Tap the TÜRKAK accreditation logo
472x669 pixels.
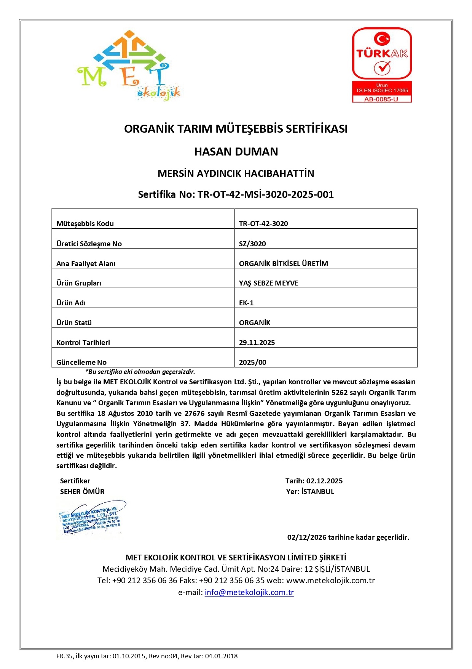(382, 64)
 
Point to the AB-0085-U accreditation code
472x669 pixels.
(381, 99)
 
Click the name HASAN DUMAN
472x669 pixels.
(236, 152)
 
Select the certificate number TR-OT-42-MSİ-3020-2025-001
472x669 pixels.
(265, 195)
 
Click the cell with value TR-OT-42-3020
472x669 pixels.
(263, 224)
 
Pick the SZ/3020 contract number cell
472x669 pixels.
(252, 244)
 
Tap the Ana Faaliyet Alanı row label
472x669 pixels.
(86, 264)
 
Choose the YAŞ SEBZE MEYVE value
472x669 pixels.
(268, 283)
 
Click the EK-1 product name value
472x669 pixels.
(246, 303)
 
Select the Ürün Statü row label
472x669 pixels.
(74, 323)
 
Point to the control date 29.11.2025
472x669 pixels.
(257, 343)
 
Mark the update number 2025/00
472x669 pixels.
(252, 363)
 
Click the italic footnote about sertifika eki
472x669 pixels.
(140, 372)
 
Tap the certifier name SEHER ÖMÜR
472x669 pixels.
(82, 492)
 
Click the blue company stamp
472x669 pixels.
(91, 519)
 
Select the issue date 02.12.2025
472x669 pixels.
(324, 481)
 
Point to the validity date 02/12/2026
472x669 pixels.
(307, 537)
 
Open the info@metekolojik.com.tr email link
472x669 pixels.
(249, 592)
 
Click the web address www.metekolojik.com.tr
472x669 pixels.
(330, 581)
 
